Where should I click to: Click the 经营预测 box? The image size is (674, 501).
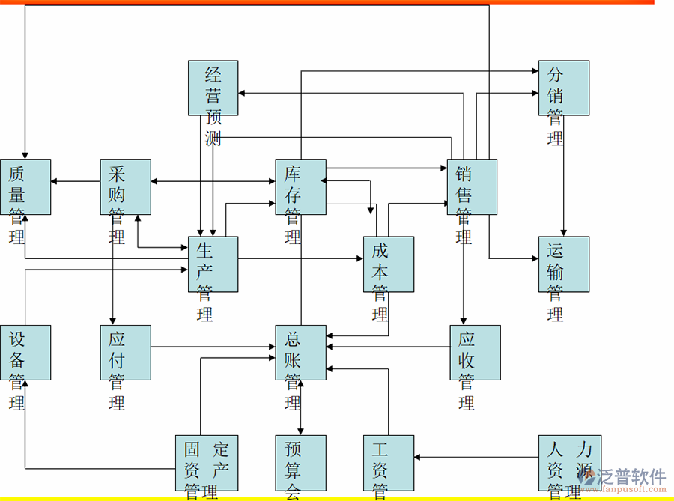pyautogui.click(x=213, y=88)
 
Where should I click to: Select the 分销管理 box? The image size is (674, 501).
pyautogui.click(x=563, y=88)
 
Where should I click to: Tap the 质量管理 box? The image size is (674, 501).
pyautogui.click(x=25, y=186)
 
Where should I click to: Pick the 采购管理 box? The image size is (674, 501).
pyautogui.click(x=126, y=186)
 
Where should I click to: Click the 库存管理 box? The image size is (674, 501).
pyautogui.click(x=300, y=186)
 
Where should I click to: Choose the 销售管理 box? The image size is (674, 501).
pyautogui.click(x=472, y=186)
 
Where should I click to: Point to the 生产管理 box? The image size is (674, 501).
pyautogui.click(x=213, y=264)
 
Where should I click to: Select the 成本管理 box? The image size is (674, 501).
pyautogui.click(x=388, y=264)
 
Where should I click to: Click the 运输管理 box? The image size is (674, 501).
pyautogui.click(x=563, y=264)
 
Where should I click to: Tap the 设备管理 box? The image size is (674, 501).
pyautogui.click(x=25, y=352)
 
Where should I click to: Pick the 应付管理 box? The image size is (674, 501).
pyautogui.click(x=126, y=352)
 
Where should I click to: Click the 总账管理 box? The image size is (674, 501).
pyautogui.click(x=300, y=352)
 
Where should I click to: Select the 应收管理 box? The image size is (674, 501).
pyautogui.click(x=476, y=352)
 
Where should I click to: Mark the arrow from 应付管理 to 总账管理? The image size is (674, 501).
pyautogui.click(x=213, y=347)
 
